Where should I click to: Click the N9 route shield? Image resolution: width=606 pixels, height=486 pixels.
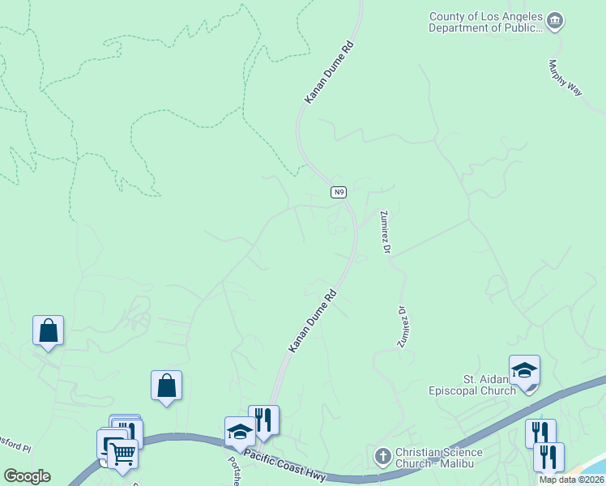(339, 192)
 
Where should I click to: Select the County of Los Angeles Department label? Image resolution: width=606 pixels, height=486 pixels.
(485, 22)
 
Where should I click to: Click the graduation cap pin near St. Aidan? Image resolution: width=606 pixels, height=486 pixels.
(524, 371)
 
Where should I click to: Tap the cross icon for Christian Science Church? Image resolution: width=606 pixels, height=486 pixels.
(383, 457)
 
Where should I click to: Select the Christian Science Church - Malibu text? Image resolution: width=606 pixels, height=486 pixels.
(438, 458)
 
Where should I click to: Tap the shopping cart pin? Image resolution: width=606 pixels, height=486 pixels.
(122, 454)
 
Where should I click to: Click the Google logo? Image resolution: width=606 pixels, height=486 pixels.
(27, 476)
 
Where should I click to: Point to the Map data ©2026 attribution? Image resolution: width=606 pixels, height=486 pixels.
(571, 480)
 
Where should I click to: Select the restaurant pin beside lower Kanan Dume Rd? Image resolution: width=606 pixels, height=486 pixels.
(263, 420)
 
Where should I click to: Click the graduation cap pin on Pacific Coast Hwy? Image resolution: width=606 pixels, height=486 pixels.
(240, 433)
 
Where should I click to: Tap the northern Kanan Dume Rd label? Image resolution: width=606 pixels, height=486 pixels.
(330, 73)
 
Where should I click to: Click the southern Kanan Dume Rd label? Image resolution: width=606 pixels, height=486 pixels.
(313, 322)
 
